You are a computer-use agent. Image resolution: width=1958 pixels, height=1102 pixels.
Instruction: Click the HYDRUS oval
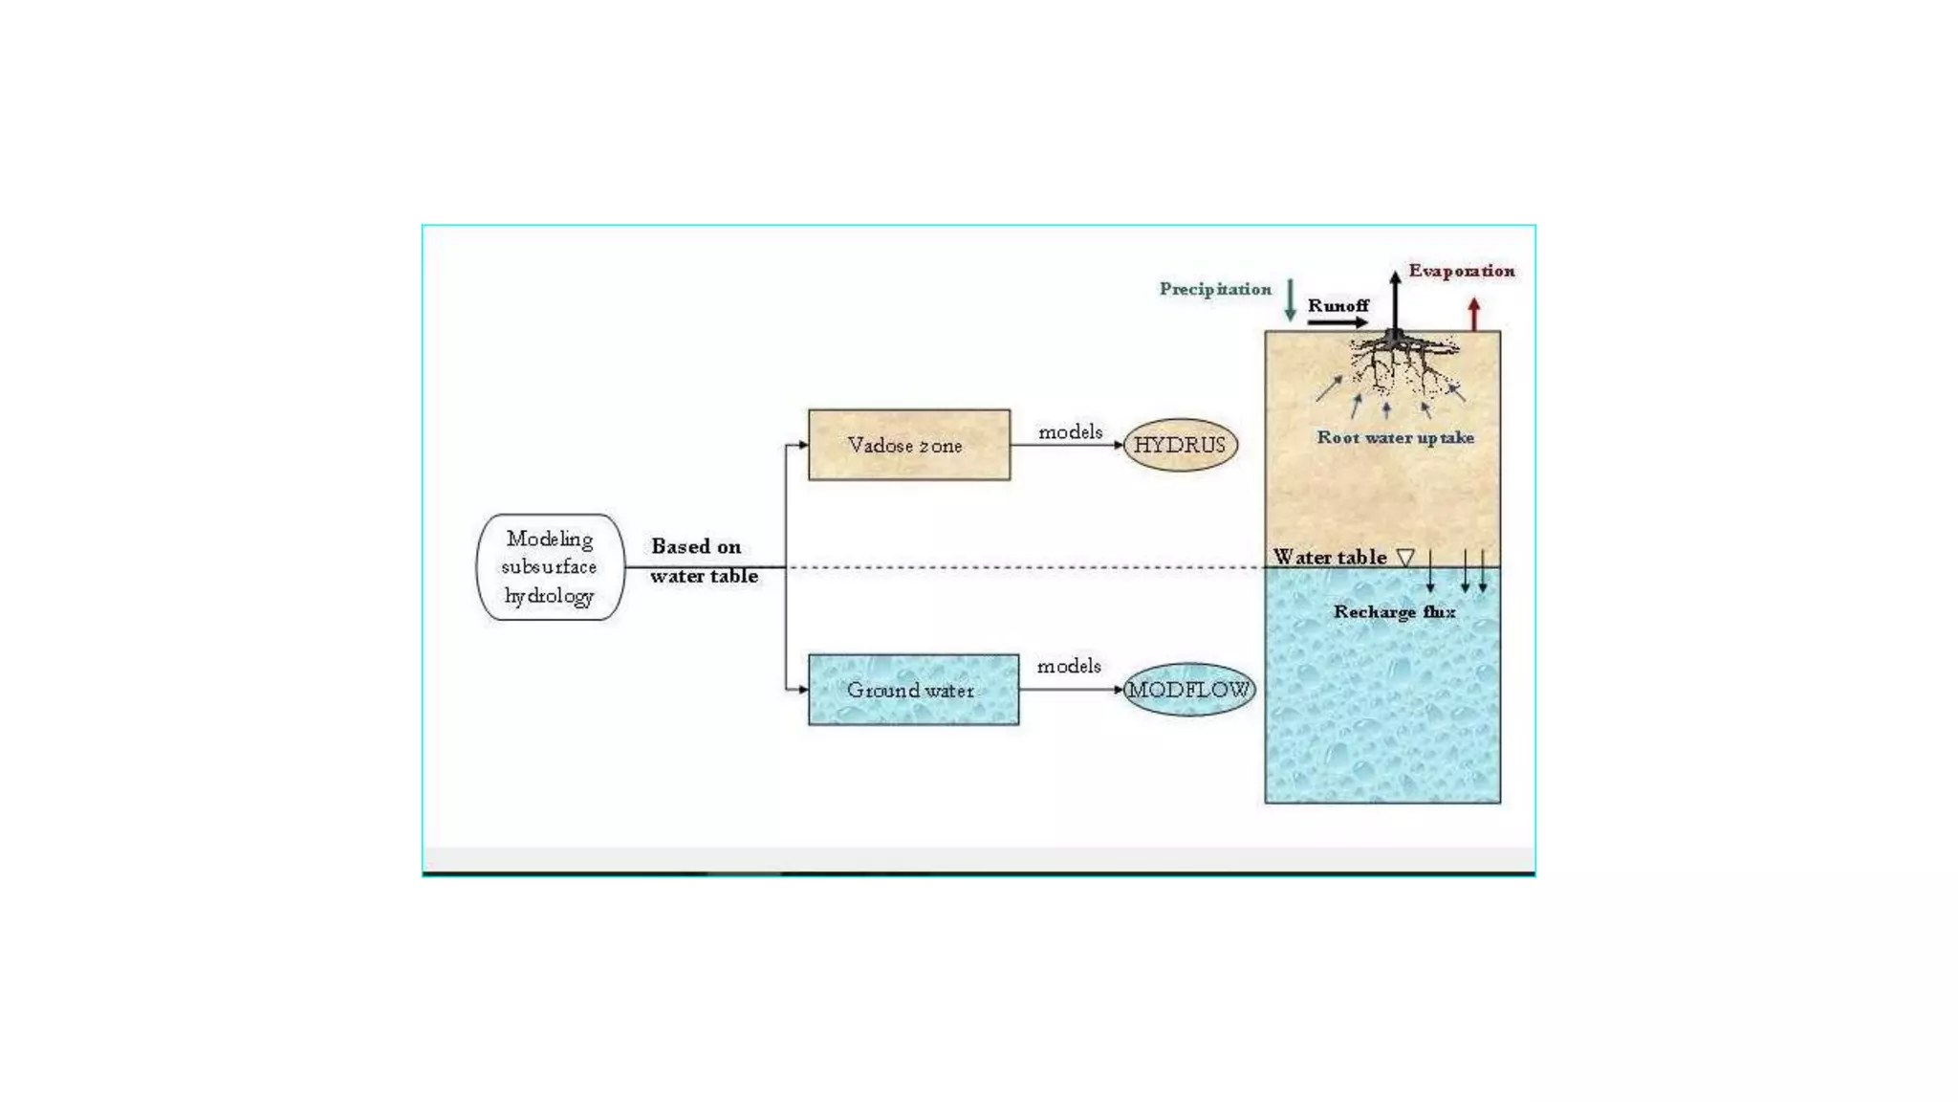1180,445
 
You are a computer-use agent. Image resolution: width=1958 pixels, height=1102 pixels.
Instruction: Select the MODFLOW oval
1188,690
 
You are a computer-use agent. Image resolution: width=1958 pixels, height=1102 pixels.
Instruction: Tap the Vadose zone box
908,445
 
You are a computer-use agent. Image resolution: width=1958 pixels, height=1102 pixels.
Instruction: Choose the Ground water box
913,690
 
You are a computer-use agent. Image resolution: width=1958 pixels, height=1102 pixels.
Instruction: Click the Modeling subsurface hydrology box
550,567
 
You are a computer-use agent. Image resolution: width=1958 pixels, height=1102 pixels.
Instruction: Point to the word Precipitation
1215,289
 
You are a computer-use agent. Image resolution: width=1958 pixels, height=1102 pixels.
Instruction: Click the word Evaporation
1461,271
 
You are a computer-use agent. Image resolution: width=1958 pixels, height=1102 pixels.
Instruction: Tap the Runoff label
1338,305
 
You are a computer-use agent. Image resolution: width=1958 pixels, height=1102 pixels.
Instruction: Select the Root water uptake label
1395,437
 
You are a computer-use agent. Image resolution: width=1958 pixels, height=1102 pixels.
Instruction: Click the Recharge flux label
1394,611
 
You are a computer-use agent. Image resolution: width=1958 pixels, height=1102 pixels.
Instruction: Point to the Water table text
1329,557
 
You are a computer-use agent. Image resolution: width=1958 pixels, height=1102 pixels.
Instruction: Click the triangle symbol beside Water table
1405,557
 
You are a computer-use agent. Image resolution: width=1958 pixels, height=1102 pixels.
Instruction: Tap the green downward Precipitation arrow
1290,300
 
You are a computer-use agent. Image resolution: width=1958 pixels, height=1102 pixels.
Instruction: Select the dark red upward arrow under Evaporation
1474,314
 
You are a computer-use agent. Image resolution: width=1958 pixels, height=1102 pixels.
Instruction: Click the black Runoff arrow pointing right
1338,322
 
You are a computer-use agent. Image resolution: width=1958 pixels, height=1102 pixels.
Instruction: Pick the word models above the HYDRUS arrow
1070,432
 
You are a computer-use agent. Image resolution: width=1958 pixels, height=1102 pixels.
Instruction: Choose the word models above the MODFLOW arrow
1069,666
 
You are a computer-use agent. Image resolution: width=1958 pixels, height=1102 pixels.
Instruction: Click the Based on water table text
703,561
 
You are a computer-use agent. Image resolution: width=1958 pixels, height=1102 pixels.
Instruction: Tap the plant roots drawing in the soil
1401,364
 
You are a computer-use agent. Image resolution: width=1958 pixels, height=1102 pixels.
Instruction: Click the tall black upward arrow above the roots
1395,301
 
